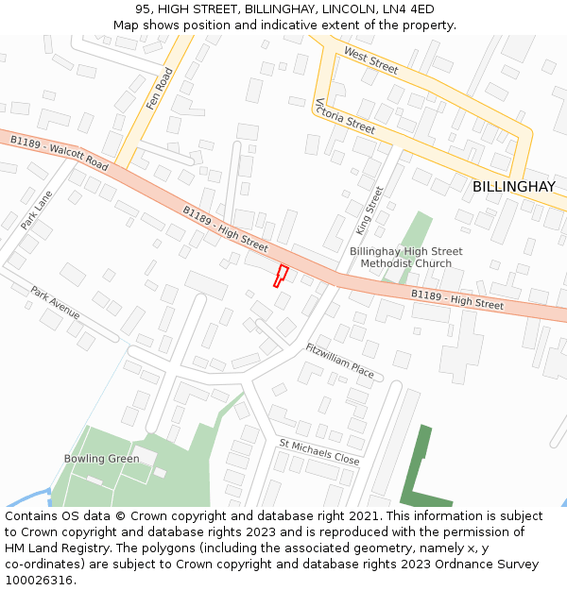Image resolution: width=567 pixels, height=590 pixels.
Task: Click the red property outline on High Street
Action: [x=281, y=276]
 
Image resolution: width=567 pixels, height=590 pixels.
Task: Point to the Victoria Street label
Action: [x=345, y=115]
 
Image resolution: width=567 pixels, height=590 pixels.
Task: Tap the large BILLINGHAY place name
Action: [x=514, y=187]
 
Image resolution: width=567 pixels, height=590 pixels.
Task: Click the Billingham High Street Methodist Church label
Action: [x=406, y=257]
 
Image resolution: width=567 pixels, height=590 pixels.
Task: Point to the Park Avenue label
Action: [x=55, y=302]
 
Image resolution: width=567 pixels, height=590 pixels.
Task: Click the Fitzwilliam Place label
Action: [x=340, y=361]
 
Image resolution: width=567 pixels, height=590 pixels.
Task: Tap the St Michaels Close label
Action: [x=319, y=450]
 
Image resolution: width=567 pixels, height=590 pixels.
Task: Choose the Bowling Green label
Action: [x=101, y=459]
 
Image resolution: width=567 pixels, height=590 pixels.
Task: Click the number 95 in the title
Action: [x=145, y=8]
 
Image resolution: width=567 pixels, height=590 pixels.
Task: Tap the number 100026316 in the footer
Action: [x=39, y=580]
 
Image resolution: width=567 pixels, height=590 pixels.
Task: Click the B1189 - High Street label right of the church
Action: [x=457, y=300]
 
